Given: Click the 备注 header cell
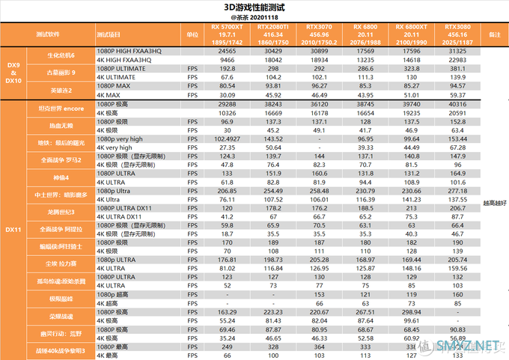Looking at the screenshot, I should pos(493,34).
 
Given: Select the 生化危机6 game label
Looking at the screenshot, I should pos(61,55).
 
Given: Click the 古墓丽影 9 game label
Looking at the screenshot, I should pos(61,73).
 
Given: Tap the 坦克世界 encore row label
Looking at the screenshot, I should pos(61,108).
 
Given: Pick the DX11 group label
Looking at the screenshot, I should pos(13,229).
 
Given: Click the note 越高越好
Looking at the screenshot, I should pos(493,203).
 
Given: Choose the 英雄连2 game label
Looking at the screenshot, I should pos(61,91).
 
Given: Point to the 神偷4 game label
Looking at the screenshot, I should pos(61,178).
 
